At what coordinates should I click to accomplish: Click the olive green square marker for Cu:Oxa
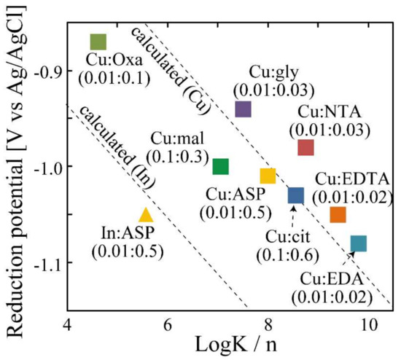point(98,42)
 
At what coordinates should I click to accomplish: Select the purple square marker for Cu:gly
point(244,109)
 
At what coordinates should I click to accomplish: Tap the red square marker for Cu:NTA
point(305,148)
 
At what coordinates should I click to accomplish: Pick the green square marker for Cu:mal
point(220,167)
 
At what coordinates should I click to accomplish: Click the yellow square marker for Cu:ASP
point(268,176)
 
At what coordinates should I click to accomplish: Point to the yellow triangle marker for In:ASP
point(146,215)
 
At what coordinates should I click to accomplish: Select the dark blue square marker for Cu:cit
point(295,195)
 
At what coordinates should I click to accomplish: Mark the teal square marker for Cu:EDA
point(359,243)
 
